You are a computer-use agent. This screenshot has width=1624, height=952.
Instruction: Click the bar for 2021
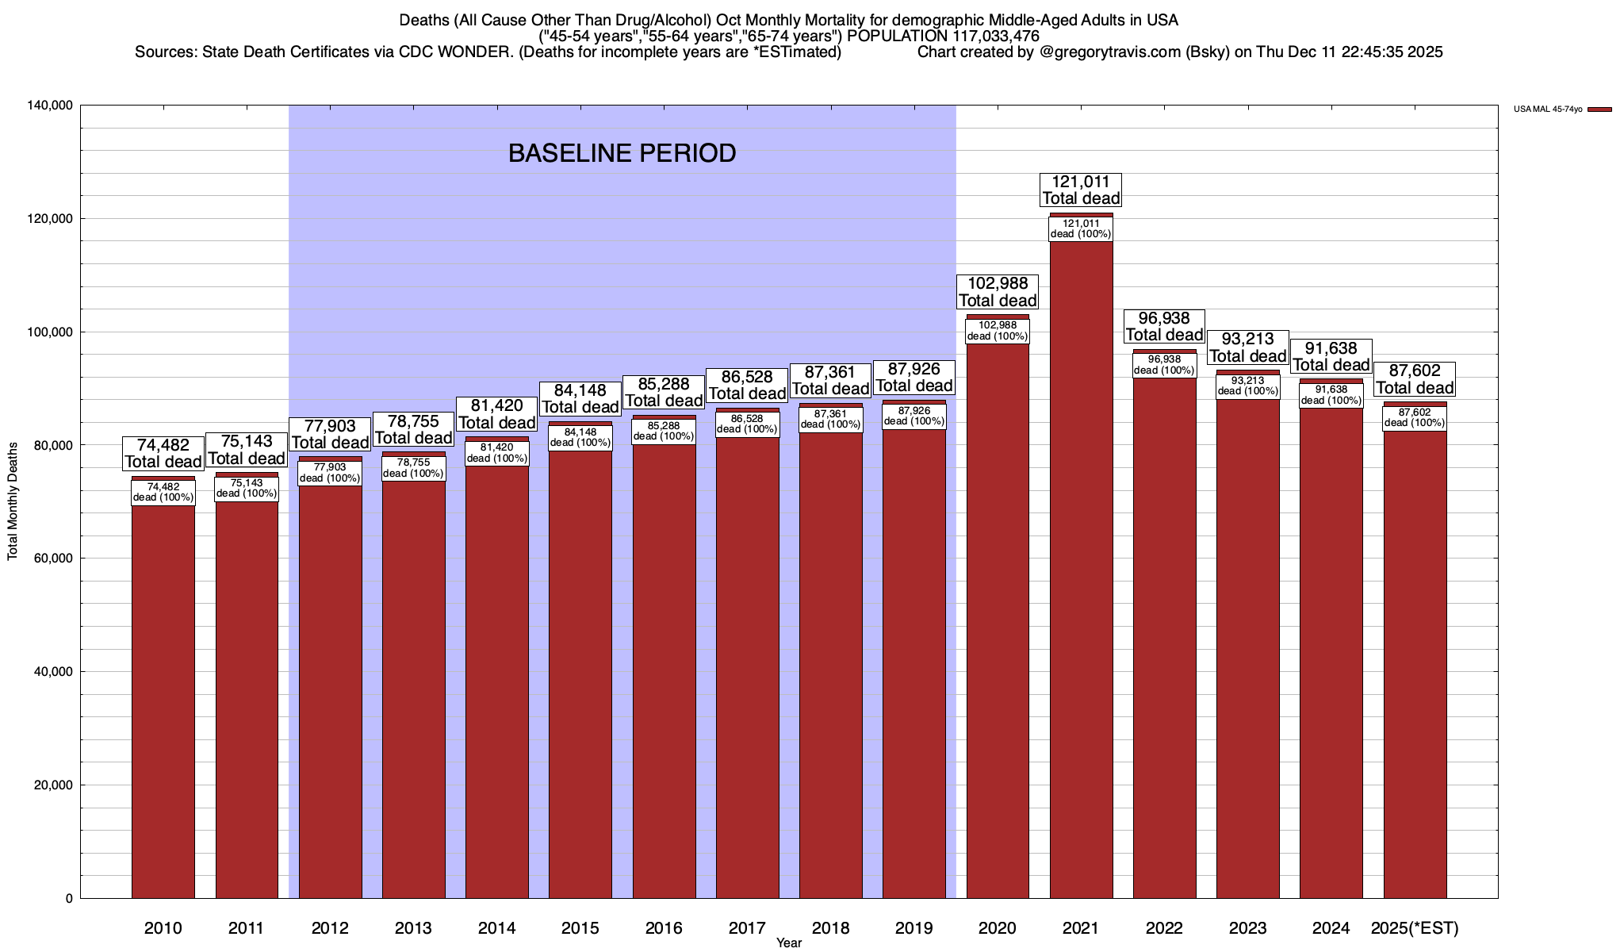[x=1081, y=571]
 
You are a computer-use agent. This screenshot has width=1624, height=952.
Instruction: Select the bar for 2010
[x=163, y=698]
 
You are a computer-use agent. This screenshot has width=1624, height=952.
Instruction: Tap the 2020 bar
[x=998, y=619]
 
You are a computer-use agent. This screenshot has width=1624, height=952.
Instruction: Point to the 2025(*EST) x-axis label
[x=1415, y=927]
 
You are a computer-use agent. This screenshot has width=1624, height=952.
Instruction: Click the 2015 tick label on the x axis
[x=580, y=927]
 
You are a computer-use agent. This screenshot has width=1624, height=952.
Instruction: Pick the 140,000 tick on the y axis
[x=51, y=106]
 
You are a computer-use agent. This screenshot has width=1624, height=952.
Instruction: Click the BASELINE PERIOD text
[x=622, y=153]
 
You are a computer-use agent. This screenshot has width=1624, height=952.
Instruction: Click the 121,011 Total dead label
[x=1081, y=190]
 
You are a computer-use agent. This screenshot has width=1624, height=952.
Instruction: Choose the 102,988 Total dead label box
[x=998, y=292]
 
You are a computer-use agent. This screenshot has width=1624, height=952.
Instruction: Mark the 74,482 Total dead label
[x=163, y=454]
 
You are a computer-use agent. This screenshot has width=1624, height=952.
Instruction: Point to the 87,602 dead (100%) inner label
[x=1415, y=418]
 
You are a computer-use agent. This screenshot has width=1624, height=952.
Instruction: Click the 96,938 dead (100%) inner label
[x=1164, y=365]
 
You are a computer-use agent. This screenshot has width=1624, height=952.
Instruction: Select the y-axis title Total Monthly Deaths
[x=13, y=512]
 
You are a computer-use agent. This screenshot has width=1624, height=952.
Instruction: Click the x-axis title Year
[x=789, y=943]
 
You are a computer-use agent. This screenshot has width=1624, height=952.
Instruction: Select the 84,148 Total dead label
[x=580, y=399]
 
